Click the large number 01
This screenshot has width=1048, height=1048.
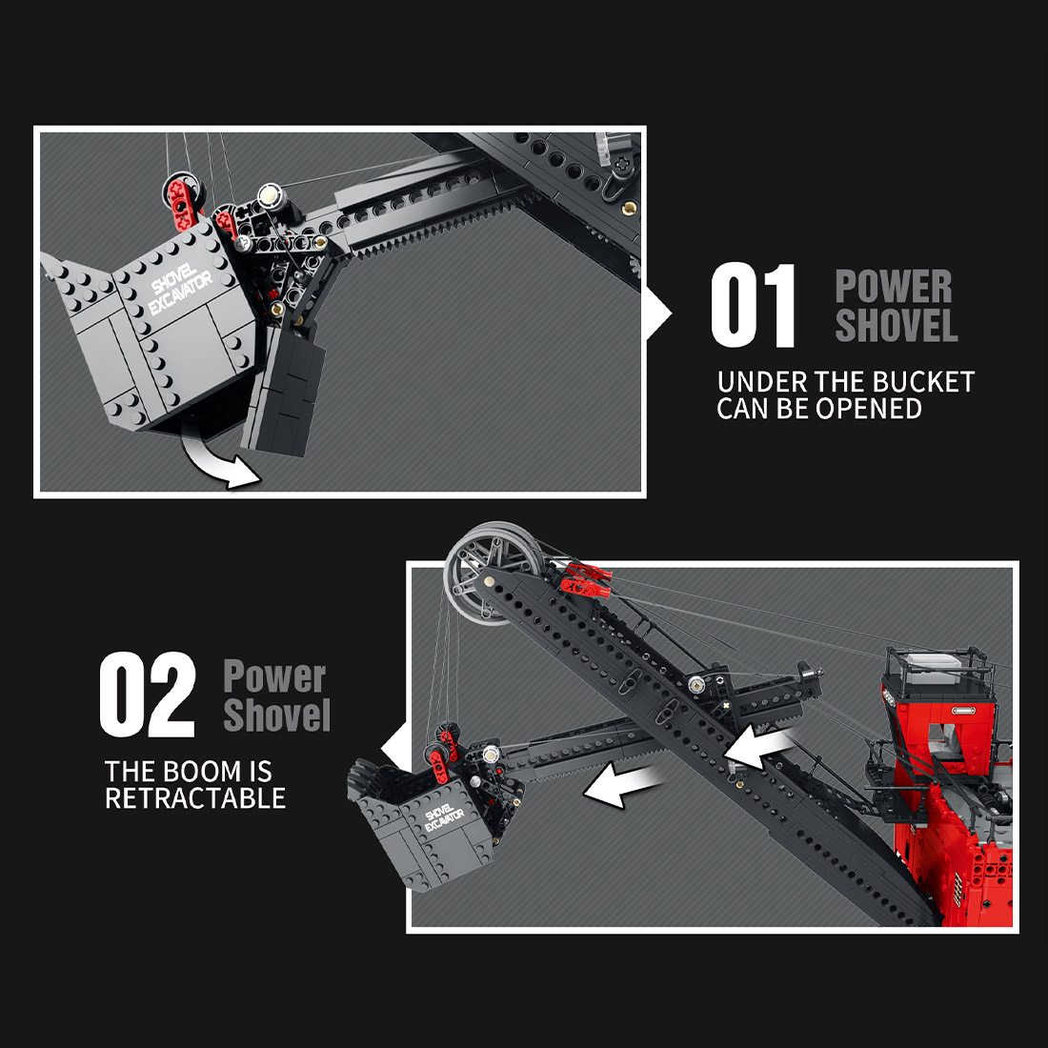[753, 306]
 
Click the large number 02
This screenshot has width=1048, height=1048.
[148, 695]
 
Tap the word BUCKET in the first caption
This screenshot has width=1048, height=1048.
[923, 383]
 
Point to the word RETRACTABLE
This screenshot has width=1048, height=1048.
[195, 797]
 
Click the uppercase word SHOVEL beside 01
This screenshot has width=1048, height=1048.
[896, 325]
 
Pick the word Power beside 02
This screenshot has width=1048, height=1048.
[274, 676]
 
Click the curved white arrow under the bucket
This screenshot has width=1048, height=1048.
[222, 463]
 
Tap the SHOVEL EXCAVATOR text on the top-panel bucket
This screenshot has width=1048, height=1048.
[181, 285]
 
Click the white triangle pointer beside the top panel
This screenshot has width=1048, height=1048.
[658, 313]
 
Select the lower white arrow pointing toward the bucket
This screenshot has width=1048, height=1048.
[623, 786]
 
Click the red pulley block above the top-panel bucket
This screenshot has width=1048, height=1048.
[183, 197]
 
